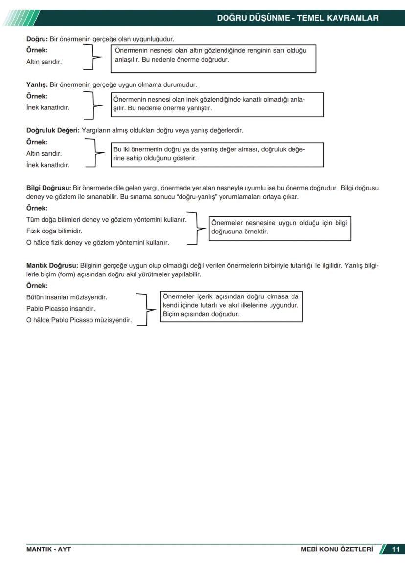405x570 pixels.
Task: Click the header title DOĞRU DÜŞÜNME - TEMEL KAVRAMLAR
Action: (297, 18)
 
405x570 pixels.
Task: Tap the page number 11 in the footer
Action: (395, 549)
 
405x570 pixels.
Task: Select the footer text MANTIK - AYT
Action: (48, 549)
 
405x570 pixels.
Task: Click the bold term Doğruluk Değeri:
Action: (53, 131)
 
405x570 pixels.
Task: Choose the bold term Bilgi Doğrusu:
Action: (48, 188)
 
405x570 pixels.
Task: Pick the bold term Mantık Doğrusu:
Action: (52, 266)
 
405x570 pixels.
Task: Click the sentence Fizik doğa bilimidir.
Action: (54, 231)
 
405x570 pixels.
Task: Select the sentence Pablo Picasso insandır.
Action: (61, 309)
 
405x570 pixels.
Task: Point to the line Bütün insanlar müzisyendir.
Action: (67, 297)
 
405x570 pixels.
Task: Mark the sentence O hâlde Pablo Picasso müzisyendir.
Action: (79, 320)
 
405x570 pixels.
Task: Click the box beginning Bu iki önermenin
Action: (218, 154)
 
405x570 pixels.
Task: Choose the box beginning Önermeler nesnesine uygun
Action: (280, 229)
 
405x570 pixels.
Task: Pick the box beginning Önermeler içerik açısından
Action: (231, 307)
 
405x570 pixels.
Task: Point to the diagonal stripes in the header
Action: (20, 18)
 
